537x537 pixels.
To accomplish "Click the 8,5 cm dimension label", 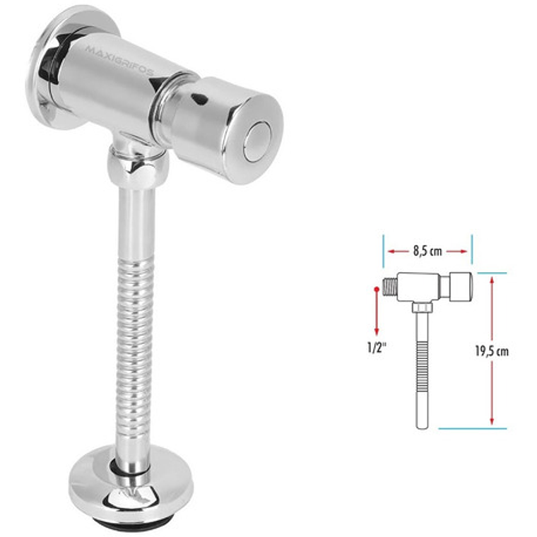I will (427, 250).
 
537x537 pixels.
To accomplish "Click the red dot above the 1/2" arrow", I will (376, 289).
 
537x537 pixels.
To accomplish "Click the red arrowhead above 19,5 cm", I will (492, 278).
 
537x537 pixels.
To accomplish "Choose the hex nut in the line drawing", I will (421, 305).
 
